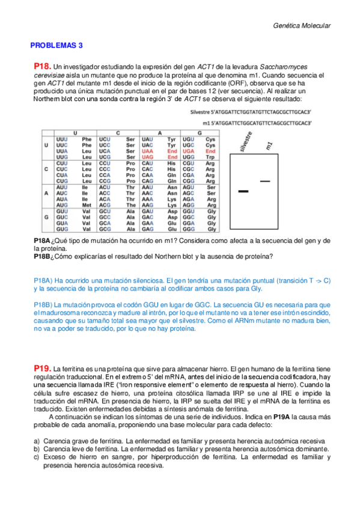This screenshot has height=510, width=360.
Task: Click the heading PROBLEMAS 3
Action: point(56,45)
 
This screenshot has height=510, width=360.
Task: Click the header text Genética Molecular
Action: point(302,26)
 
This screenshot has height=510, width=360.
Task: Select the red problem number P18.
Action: point(42,66)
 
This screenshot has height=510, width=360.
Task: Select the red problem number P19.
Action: point(42,367)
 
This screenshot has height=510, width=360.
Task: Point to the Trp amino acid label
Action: point(210,156)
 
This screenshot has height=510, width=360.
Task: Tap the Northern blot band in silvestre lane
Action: point(243,191)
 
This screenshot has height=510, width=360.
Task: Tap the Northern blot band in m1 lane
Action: point(264,180)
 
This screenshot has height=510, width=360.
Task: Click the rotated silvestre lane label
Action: point(243,141)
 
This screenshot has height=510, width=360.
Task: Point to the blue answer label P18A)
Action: point(43,280)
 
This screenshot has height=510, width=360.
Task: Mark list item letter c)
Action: point(37,457)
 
